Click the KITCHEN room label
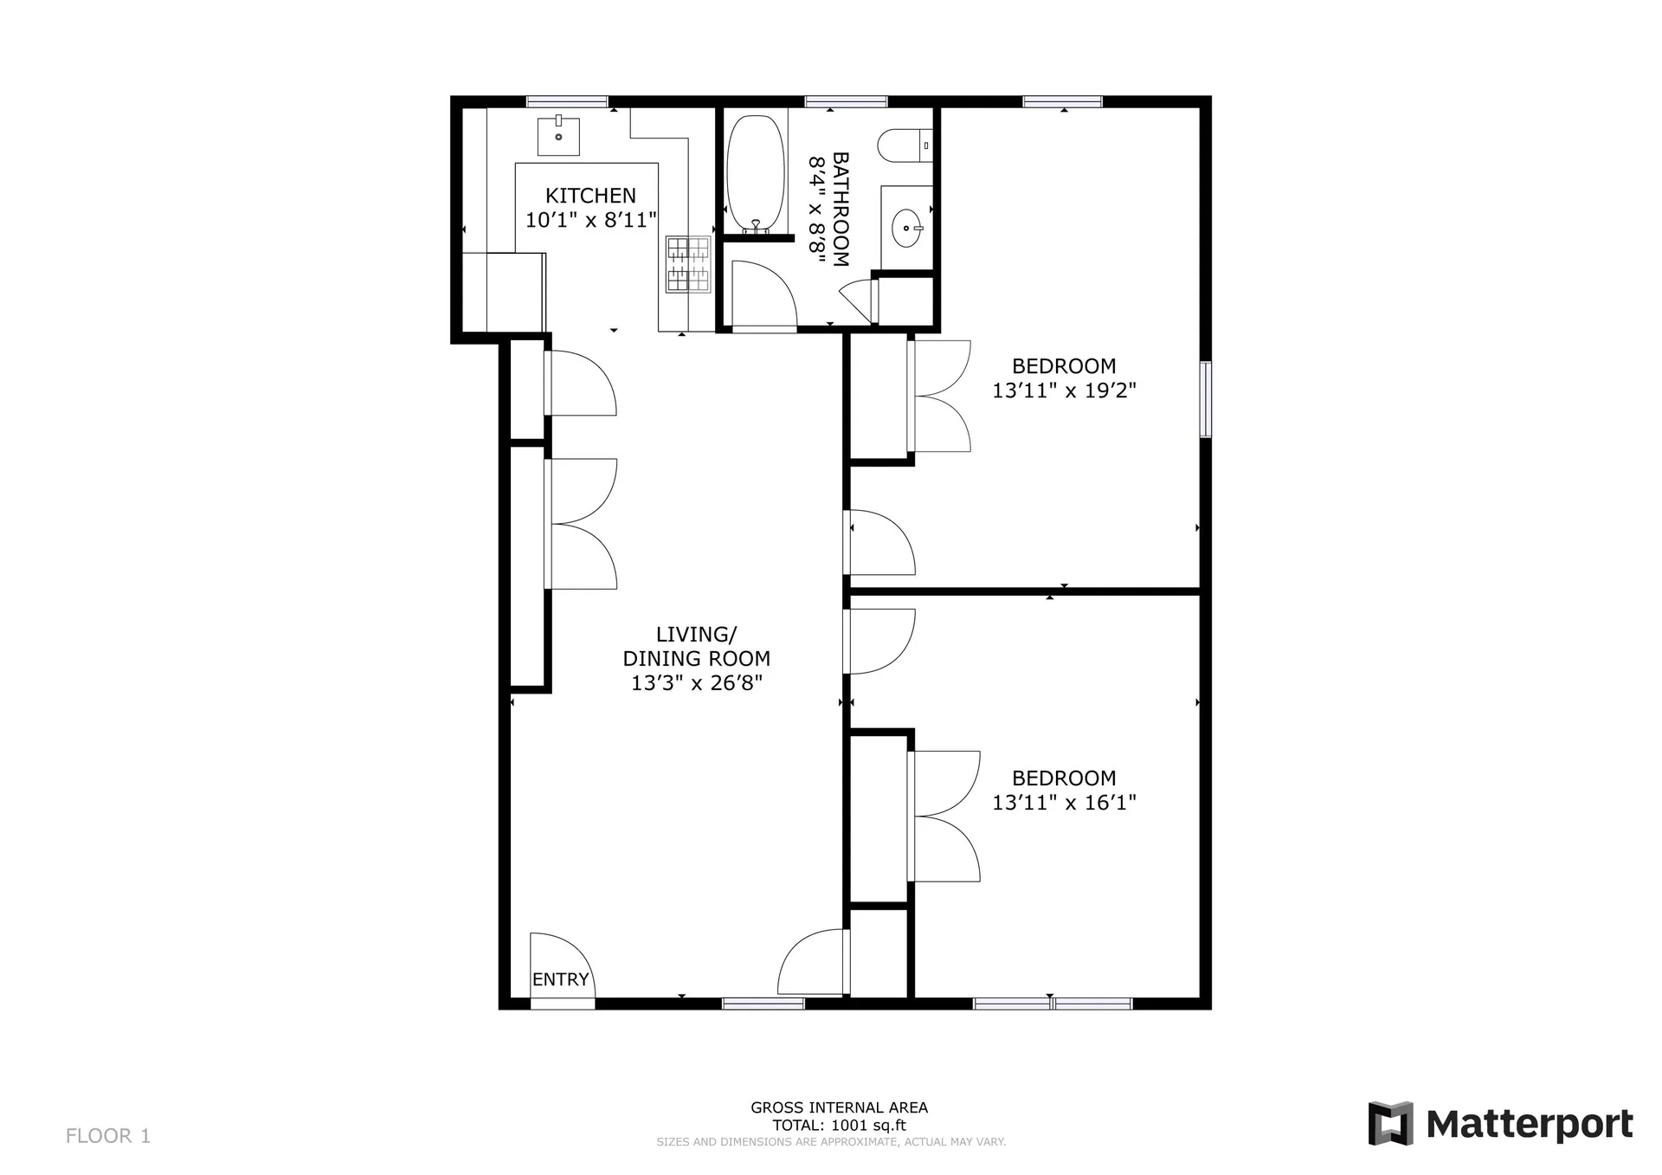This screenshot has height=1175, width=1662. [590, 196]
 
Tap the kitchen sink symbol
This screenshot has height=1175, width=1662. [558, 136]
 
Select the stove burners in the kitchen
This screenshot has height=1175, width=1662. [688, 264]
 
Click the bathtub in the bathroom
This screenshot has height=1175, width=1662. [756, 173]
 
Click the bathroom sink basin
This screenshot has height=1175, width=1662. [907, 229]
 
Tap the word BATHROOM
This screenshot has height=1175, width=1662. [840, 209]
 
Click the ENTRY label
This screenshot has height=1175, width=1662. [560, 979]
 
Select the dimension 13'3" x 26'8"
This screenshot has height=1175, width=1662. [696, 683]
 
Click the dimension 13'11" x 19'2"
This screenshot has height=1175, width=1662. [1063, 391]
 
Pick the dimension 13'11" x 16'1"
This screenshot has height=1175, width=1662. [1063, 803]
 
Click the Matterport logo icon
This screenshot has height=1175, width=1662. [1390, 1123]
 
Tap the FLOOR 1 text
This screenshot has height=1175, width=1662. [108, 1135]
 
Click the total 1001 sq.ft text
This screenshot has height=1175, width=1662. [839, 1126]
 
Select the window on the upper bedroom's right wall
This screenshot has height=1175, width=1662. [1205, 399]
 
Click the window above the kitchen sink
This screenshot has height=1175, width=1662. [567, 101]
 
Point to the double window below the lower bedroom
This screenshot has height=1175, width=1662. [1052, 1004]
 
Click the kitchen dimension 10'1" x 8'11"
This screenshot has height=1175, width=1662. [590, 220]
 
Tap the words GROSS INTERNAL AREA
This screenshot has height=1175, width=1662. [839, 1107]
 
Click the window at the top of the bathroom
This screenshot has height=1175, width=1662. [846, 101]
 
